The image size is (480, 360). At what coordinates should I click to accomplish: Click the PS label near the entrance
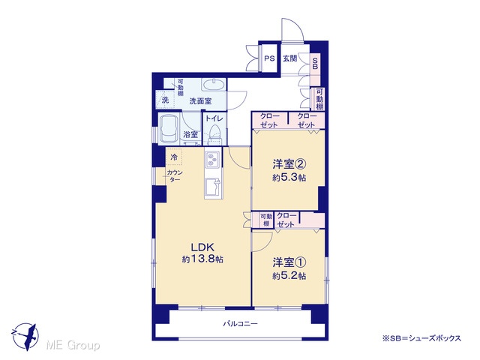[x=269, y=58]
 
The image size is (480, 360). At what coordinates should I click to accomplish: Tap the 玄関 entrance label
[x=289, y=58]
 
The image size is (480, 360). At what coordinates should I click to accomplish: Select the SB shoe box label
[x=315, y=63]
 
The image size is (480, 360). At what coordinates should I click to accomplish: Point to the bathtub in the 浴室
[x=169, y=128]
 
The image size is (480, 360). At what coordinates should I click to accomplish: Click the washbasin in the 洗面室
[x=213, y=84]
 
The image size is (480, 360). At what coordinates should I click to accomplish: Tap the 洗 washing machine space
[x=165, y=100]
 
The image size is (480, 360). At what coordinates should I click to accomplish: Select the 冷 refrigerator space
[x=174, y=157]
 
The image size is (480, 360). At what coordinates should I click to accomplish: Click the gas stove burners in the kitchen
[x=211, y=159]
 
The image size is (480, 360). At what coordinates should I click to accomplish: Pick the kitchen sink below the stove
[x=212, y=187]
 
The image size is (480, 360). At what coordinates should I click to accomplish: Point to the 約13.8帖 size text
[x=202, y=259]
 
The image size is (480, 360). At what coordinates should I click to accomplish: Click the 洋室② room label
[x=289, y=165]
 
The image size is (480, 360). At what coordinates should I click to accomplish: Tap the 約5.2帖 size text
[x=289, y=276]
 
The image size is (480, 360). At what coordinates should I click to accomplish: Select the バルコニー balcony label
[x=240, y=323]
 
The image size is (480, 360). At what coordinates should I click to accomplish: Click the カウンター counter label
[x=175, y=175]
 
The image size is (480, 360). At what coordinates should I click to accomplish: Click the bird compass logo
[x=25, y=336]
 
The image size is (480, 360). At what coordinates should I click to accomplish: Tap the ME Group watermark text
[x=73, y=346]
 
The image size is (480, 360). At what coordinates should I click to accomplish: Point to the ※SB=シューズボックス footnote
[x=421, y=338]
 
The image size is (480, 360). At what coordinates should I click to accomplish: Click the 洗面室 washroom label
[x=200, y=101]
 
